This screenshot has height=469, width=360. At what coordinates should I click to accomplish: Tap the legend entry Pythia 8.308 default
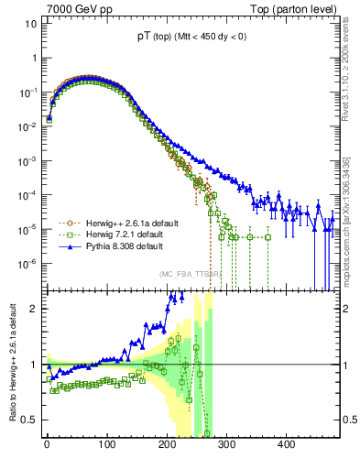pos(119,246)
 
